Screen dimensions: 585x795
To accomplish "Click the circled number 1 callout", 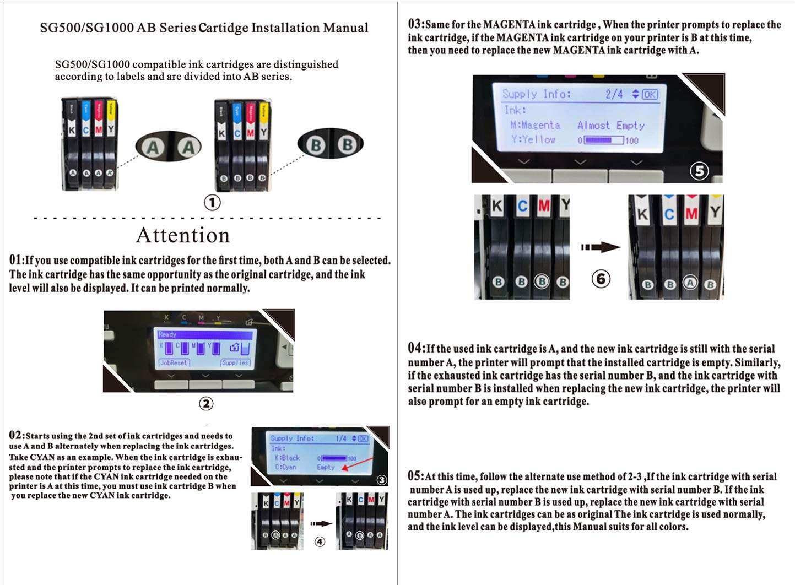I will click(212, 203).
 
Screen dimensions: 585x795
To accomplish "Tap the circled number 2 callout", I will click(205, 404).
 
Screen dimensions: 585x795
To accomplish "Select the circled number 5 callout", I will click(699, 171).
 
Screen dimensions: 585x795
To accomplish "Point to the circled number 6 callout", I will click(601, 279).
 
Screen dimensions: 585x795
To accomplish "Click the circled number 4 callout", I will click(320, 542).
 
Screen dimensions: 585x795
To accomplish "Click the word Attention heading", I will click(183, 235).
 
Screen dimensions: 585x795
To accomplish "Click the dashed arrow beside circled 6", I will click(600, 247).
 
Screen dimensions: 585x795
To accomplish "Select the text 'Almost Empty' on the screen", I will click(610, 126).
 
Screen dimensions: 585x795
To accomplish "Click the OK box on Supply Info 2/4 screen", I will click(650, 94).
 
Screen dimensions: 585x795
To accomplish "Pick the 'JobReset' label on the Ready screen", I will click(174, 363).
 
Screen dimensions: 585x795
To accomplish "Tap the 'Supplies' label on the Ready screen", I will click(235, 363).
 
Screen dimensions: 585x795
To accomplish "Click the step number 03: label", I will click(416, 24).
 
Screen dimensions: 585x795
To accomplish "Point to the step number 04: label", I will click(417, 348).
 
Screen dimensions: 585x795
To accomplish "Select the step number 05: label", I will click(417, 476).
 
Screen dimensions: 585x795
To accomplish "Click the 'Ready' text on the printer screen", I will click(167, 334).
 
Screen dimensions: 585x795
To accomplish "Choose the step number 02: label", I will click(17, 435).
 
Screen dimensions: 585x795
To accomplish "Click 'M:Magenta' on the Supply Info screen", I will click(535, 126).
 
